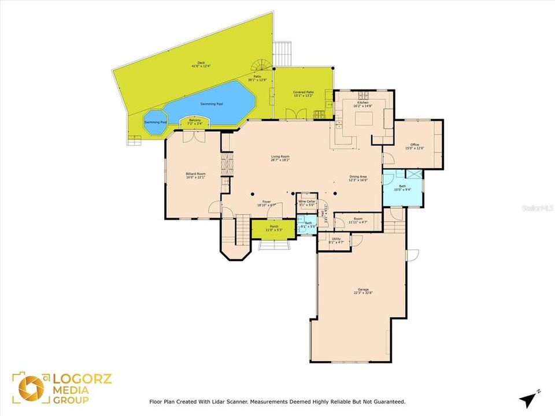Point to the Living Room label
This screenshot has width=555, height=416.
coord(280,158)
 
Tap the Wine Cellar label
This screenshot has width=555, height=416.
coord(306,203)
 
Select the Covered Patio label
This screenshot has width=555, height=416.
coord(303,94)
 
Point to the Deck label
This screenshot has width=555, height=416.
coord(201,64)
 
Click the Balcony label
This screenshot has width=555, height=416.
coord(195,121)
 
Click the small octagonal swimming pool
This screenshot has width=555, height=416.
coord(154,122)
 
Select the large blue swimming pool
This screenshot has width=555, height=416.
coord(211,104)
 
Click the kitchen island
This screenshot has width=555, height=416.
coord(365,119)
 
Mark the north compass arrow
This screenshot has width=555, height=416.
coord(528,399)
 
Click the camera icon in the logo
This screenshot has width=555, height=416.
coord(31,388)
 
